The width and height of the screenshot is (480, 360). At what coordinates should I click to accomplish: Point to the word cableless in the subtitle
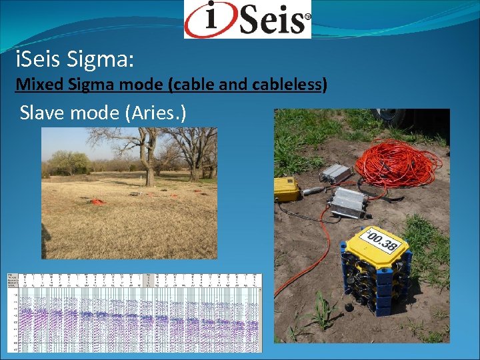point(291,85)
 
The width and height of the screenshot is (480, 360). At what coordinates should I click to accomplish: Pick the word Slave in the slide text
point(43,113)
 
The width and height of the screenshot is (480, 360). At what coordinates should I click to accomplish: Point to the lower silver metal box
point(347,201)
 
